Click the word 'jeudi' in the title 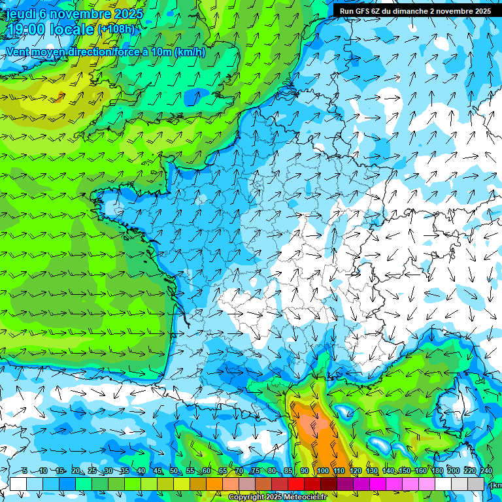point(21,14)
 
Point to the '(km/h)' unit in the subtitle point(190,52)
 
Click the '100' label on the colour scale point(323,471)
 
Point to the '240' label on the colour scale point(486,471)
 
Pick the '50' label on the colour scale point(173,471)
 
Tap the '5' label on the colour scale point(25,471)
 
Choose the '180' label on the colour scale point(437,471)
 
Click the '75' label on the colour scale point(256,471)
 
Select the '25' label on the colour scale point(92,471)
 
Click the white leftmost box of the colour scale point(18,484)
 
